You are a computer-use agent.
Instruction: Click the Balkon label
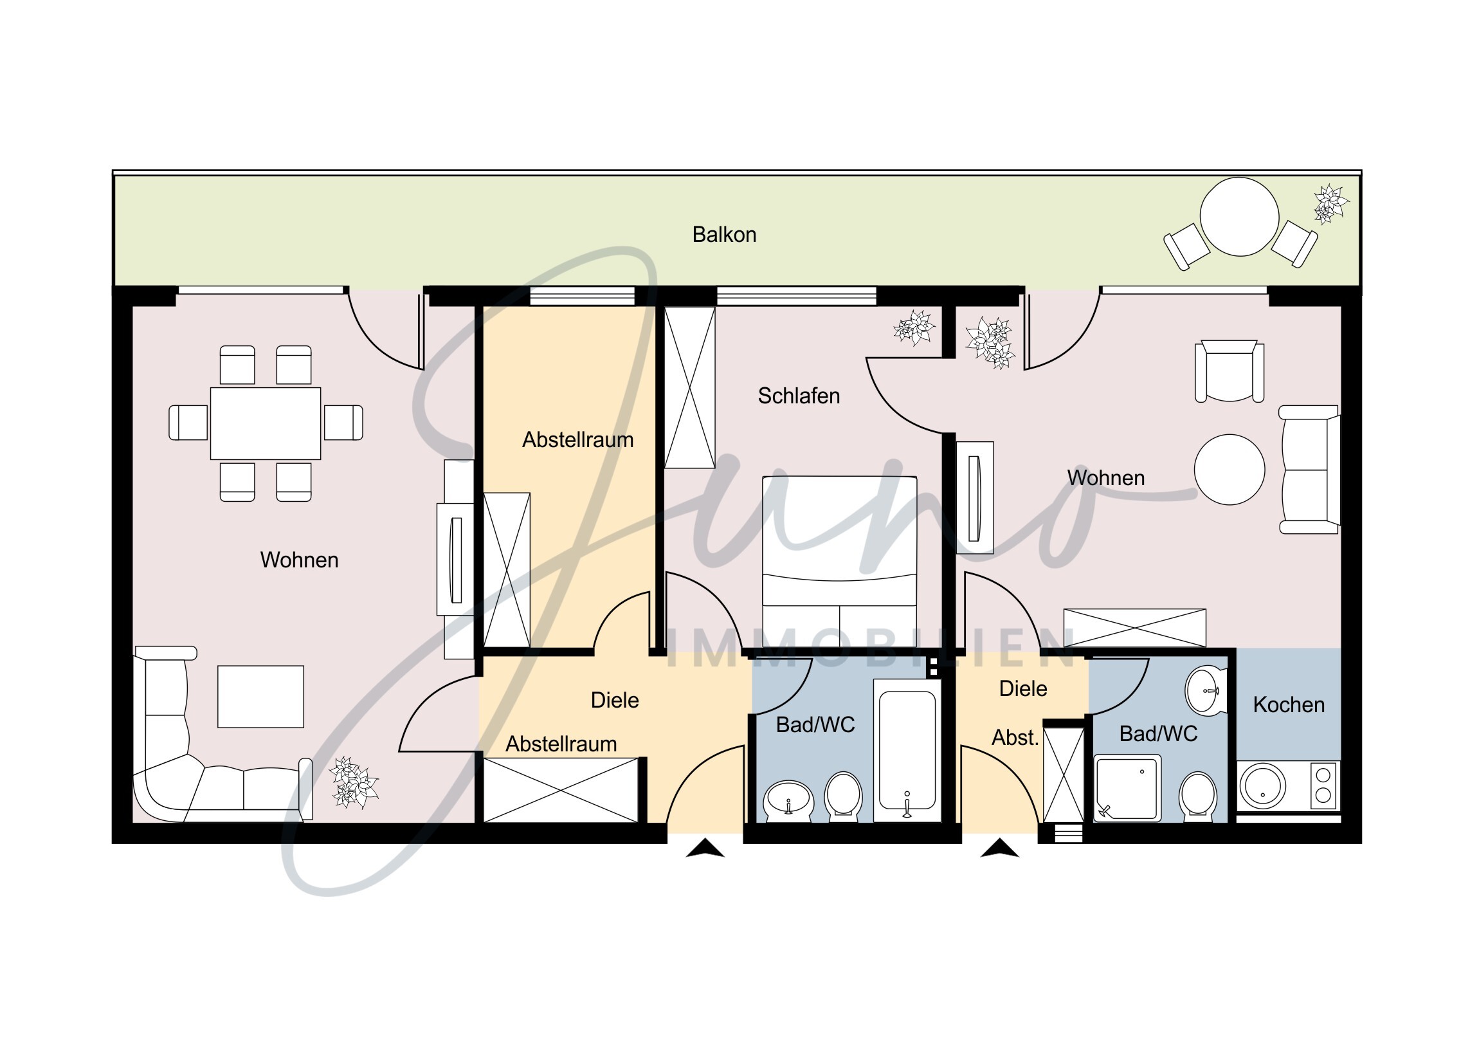pyautogui.click(x=724, y=235)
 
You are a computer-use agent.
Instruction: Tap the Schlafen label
pyautogui.click(x=799, y=396)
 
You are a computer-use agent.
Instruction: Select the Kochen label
pyautogui.click(x=1289, y=705)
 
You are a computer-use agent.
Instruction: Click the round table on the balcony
pyautogui.click(x=1239, y=217)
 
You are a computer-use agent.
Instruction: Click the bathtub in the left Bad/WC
pyautogui.click(x=907, y=750)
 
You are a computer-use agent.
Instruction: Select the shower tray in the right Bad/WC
pyautogui.click(x=1127, y=789)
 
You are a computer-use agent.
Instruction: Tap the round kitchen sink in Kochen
pyautogui.click(x=1262, y=787)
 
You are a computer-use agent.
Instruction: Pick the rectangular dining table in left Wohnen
pyautogui.click(x=266, y=423)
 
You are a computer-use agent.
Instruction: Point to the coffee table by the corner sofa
pyautogui.click(x=260, y=697)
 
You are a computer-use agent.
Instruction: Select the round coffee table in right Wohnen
pyautogui.click(x=1229, y=469)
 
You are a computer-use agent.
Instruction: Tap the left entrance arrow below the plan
pyautogui.click(x=705, y=848)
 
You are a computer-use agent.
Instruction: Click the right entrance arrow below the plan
pyautogui.click(x=999, y=848)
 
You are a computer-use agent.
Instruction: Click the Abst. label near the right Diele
pyautogui.click(x=1015, y=737)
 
